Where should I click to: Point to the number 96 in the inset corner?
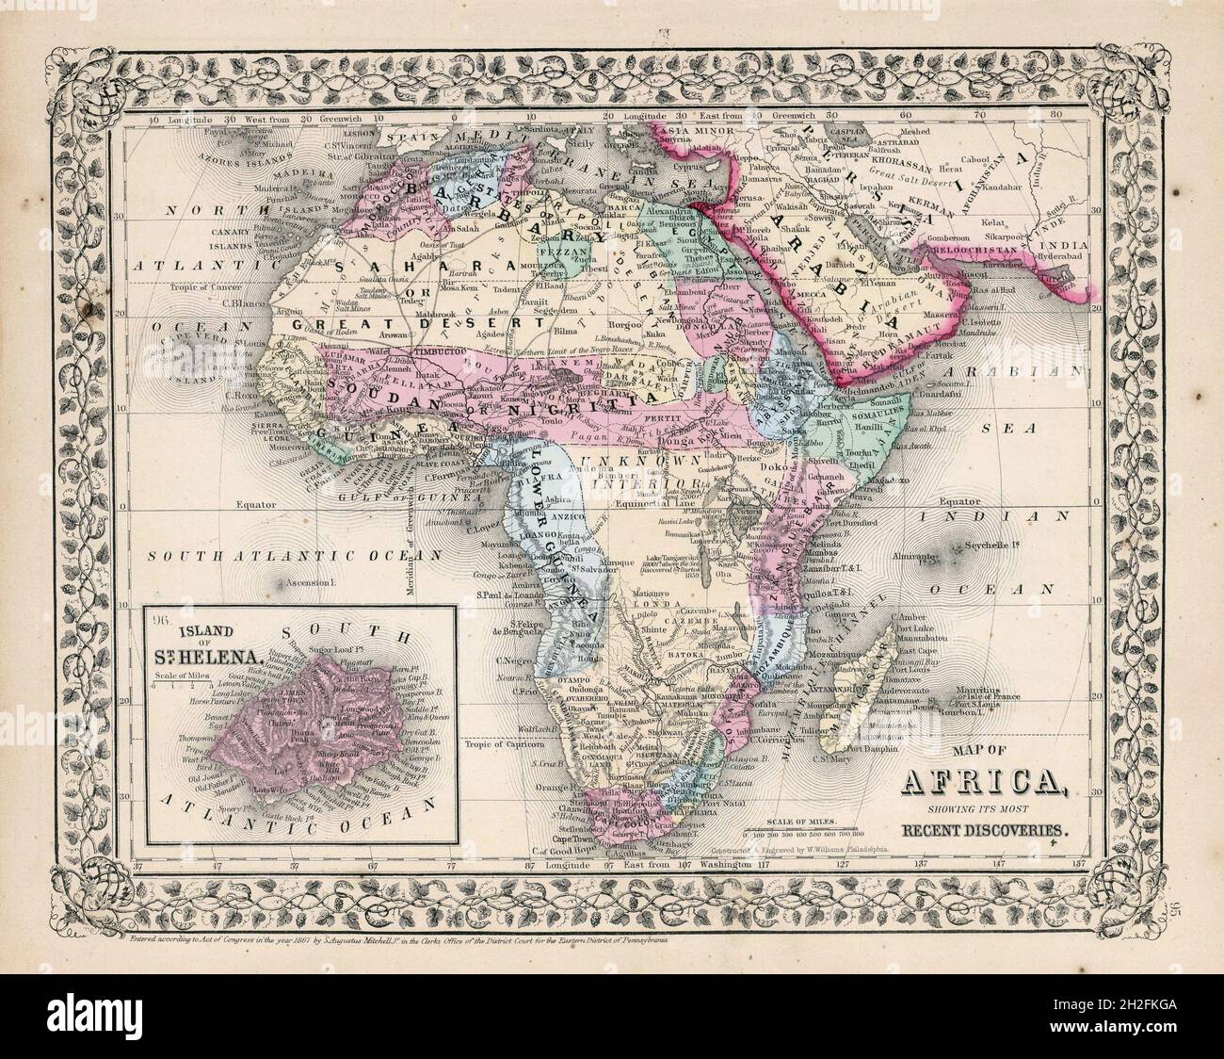click(x=156, y=620)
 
